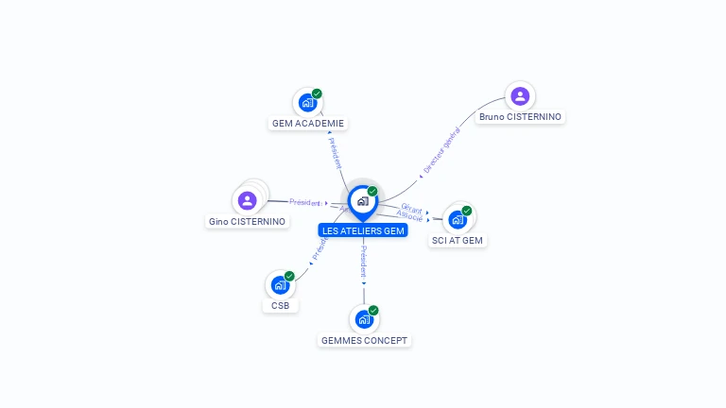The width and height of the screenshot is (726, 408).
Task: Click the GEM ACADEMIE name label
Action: [308, 123]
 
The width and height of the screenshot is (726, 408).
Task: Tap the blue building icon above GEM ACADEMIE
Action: [306, 102]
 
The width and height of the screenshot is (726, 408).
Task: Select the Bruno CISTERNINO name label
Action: [520, 117]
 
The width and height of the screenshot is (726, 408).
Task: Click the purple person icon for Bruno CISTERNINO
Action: [520, 95]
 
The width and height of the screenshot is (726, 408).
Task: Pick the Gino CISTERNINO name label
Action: [247, 222]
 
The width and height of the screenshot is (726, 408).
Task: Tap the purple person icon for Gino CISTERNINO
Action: [247, 200]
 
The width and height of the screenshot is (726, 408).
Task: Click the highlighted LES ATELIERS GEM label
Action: [363, 230]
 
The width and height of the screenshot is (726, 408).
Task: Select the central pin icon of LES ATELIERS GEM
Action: [362, 201]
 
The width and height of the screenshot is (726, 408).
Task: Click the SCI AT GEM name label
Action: [458, 241]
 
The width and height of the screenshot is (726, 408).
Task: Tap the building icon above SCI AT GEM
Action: [458, 219]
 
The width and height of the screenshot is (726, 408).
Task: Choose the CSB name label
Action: [280, 306]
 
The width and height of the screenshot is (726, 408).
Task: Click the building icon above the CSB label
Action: [280, 284]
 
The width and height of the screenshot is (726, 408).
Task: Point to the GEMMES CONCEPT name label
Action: [366, 340]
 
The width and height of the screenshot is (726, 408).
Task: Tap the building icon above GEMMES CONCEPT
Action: [365, 319]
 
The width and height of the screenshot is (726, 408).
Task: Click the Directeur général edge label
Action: [441, 150]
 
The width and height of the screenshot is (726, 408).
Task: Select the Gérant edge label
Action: [411, 207]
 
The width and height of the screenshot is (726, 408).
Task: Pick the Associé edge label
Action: [410, 216]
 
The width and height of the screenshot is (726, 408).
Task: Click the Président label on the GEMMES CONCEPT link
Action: [365, 261]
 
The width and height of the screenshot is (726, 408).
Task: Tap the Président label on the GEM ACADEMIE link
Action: [334, 152]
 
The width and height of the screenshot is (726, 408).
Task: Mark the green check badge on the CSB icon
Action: [289, 276]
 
